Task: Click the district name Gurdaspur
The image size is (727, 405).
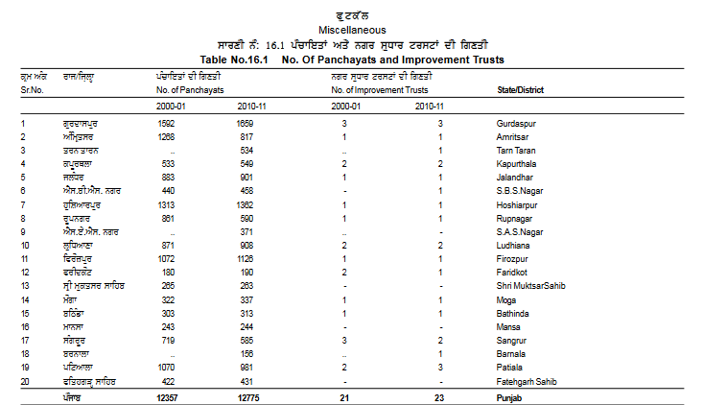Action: (x=518, y=124)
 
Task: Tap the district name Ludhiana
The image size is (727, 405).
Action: (x=515, y=246)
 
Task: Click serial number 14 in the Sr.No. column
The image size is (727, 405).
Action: (x=26, y=300)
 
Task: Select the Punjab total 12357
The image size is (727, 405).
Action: (x=168, y=397)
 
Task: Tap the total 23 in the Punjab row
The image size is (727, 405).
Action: (x=439, y=397)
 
